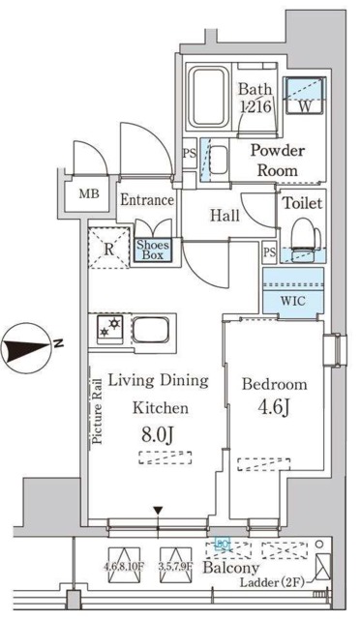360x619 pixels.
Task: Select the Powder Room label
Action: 278,160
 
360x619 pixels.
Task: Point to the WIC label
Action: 292,298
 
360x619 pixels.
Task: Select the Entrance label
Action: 147,201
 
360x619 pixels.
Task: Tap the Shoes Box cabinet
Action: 152,251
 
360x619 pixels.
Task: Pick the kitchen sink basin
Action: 152,331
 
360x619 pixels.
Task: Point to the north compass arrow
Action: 33,343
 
